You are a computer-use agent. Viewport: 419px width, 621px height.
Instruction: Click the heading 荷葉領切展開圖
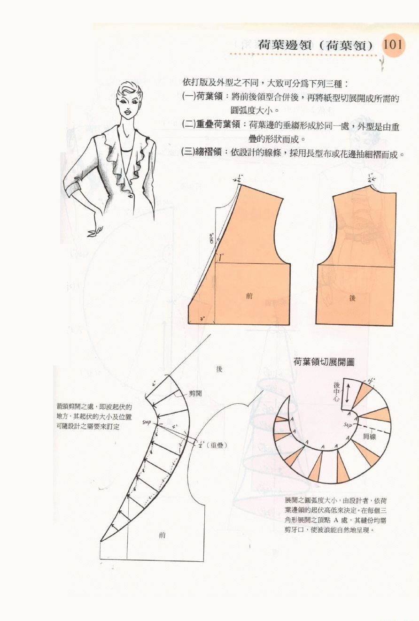coord(324,362)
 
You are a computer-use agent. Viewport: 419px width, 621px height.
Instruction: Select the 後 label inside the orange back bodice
coord(353,298)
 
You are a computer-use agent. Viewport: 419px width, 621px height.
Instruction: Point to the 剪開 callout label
coord(195,393)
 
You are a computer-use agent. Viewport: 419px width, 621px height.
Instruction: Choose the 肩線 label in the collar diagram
coord(370,437)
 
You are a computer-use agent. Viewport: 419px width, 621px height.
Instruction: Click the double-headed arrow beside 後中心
coord(347,392)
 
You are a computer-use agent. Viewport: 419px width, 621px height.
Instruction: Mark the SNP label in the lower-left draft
coord(146,422)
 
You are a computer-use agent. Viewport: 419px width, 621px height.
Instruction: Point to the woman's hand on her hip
coord(96,230)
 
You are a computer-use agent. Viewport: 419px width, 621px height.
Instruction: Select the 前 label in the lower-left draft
coord(162,535)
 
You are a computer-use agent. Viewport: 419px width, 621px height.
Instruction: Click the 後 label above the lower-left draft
coord(219,369)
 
